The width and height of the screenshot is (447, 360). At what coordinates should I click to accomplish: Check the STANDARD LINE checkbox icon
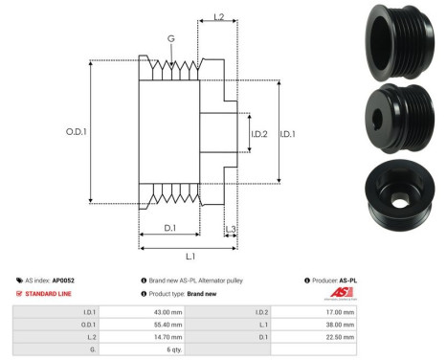[20, 294]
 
